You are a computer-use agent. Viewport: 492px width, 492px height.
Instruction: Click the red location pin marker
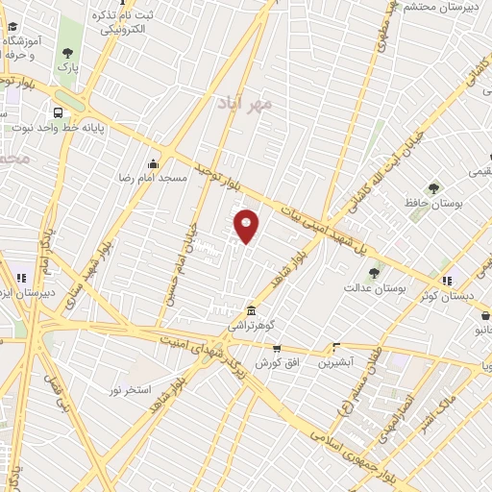click(247, 226)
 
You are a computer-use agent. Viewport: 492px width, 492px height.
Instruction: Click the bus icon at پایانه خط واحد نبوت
click(59, 111)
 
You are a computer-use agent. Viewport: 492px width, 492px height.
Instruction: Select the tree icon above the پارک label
click(66, 51)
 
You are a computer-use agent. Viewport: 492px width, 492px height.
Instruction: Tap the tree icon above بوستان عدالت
click(374, 273)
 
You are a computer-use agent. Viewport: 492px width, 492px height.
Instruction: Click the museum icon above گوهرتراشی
click(251, 311)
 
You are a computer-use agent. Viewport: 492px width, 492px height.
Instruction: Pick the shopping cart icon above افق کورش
click(277, 348)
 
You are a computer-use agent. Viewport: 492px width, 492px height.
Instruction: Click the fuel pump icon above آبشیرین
click(335, 348)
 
